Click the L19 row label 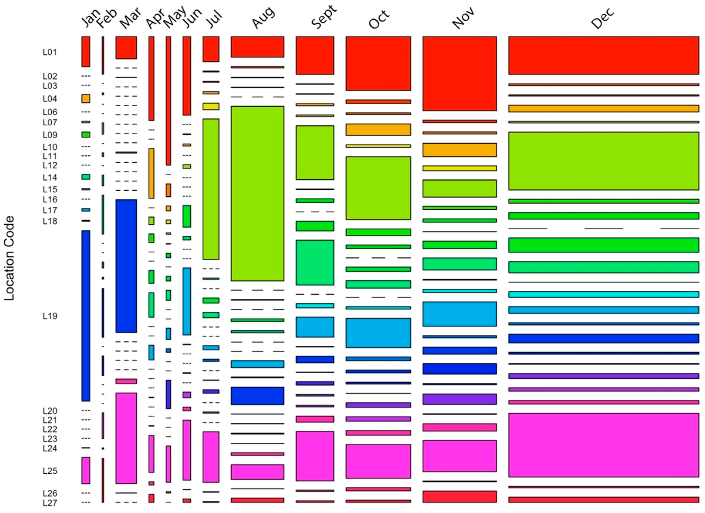pyautogui.click(x=50, y=316)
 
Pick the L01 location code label pyautogui.click(x=50, y=52)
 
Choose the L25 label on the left pyautogui.click(x=50, y=471)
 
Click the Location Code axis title pyautogui.click(x=9, y=258)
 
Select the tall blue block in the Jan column pyautogui.click(x=86, y=315)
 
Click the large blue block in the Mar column pyautogui.click(x=126, y=266)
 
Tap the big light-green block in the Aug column pyautogui.click(x=257, y=193)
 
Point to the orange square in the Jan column pyautogui.click(x=86, y=99)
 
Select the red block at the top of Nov pyautogui.click(x=459, y=74)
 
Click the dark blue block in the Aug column pyautogui.click(x=257, y=395)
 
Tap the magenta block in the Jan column pyautogui.click(x=86, y=470)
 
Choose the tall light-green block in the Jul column pyautogui.click(x=211, y=189)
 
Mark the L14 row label pyautogui.click(x=50, y=177)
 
